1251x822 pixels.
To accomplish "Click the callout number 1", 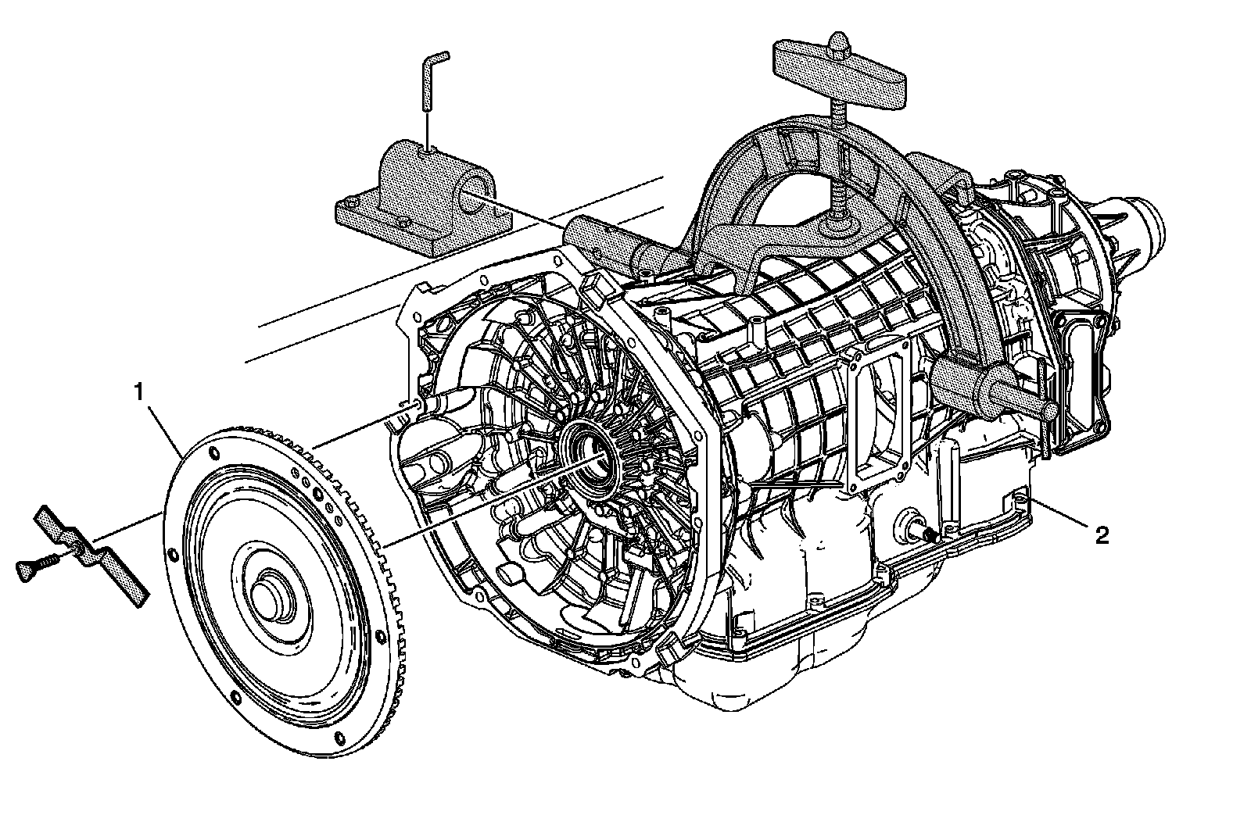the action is (x=140, y=392).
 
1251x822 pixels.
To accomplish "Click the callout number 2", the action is (x=1102, y=536).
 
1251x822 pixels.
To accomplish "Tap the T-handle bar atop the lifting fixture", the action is (x=840, y=73).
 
